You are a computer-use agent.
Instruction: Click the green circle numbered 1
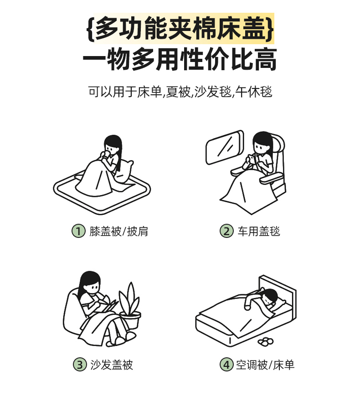[78, 231]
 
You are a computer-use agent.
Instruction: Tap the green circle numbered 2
[226, 231]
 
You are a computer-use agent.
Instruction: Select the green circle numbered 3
[80, 365]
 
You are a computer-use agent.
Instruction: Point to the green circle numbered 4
[226, 365]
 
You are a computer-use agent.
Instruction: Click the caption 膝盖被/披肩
[118, 231]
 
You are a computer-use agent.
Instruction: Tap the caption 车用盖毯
[259, 231]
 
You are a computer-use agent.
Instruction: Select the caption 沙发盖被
[112, 365]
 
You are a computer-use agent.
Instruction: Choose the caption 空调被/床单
[265, 365]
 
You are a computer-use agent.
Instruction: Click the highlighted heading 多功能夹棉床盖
[180, 28]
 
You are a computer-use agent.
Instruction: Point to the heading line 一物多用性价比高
[180, 59]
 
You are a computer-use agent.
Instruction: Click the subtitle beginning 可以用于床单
[180, 92]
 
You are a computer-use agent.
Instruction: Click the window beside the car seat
[225, 147]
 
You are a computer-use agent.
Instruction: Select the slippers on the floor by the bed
[266, 341]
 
